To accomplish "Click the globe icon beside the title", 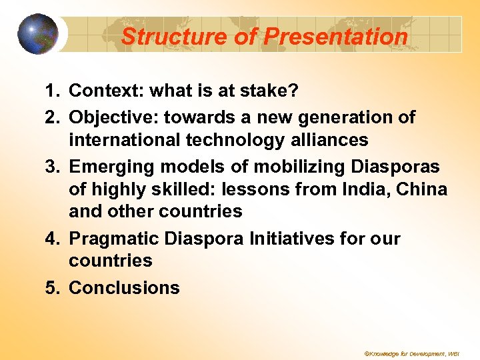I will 37,34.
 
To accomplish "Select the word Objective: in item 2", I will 113,118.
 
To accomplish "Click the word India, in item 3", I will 369,189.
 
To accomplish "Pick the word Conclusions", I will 124,288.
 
